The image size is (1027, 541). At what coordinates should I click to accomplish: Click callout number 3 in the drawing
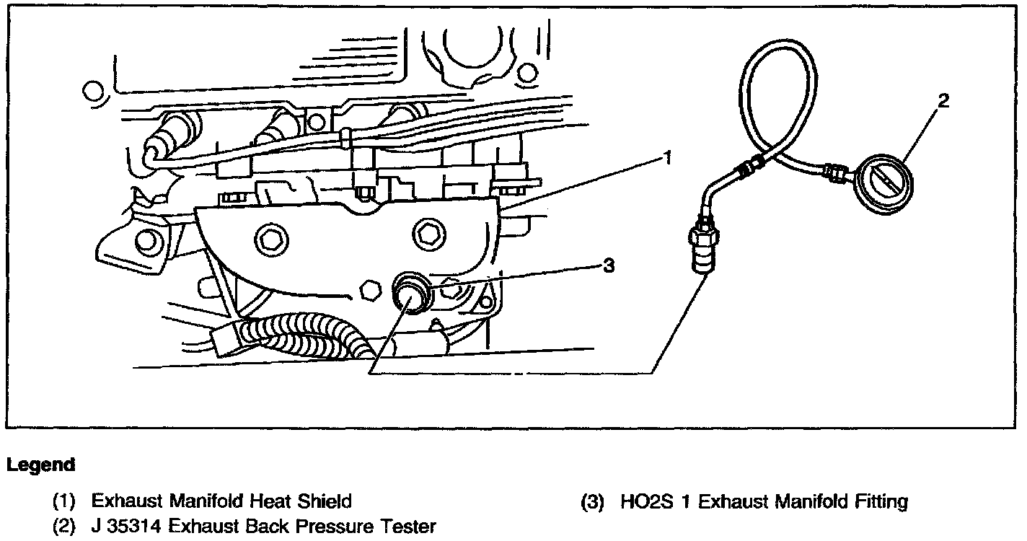pos(608,266)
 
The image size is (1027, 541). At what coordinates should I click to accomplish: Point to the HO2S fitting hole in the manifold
pos(410,293)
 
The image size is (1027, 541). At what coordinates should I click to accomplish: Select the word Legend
pos(40,465)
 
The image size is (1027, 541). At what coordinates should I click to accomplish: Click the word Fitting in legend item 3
pos(878,501)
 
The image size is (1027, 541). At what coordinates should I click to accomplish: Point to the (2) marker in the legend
pos(65,527)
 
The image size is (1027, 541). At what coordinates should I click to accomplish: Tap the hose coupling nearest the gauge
pos(836,173)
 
